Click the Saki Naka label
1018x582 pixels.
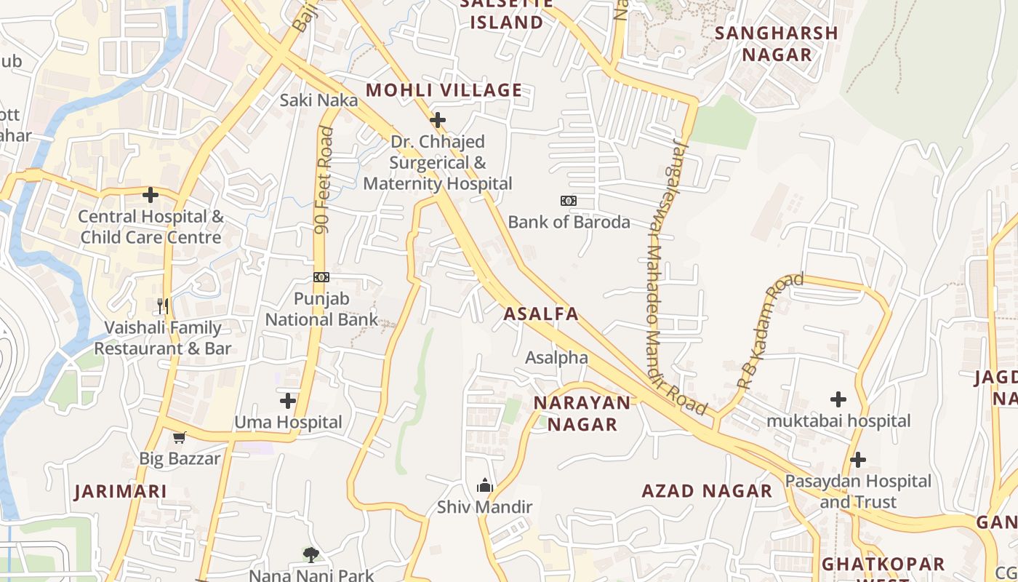point(318,100)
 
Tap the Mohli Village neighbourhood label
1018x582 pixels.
point(444,90)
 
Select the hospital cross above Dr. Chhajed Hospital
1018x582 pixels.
point(438,120)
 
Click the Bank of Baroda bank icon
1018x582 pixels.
point(569,201)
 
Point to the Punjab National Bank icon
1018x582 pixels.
point(321,277)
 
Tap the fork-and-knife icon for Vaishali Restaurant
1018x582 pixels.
point(163,306)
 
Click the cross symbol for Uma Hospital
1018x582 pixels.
point(288,400)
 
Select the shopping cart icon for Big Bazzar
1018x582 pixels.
point(180,437)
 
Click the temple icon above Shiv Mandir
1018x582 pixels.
point(484,485)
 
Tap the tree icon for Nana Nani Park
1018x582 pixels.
point(311,555)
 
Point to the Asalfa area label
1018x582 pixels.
point(541,314)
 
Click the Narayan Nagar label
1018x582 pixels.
point(582,413)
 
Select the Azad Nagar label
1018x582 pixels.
point(706,491)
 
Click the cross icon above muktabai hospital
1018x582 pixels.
point(838,399)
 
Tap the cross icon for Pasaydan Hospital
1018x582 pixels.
point(858,460)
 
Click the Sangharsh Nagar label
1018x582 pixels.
point(776,44)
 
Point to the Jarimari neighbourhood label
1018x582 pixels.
point(121,491)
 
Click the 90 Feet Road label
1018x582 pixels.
point(324,180)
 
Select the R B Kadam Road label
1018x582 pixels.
point(770,330)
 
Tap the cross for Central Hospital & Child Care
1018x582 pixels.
point(151,195)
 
